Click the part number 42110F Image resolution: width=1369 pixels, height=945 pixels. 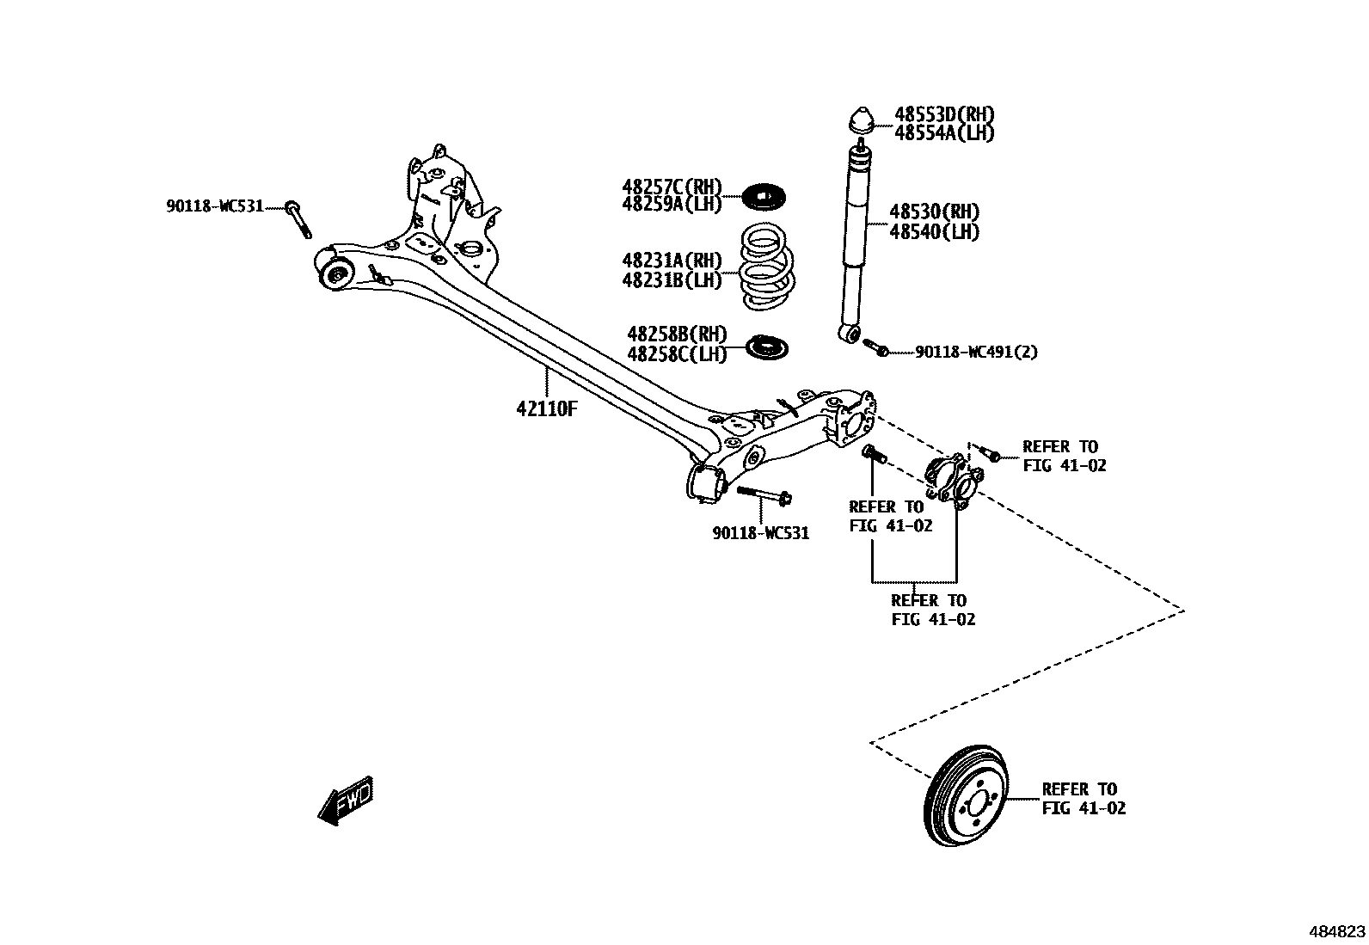pos(546,409)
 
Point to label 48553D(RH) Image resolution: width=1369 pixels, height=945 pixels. pos(945,114)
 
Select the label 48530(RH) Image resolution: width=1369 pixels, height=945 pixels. pos(934,212)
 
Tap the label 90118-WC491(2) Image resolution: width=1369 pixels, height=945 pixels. pos(976,352)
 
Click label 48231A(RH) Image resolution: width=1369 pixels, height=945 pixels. pos(672,260)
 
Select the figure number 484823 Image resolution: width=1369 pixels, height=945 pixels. pos(1336,932)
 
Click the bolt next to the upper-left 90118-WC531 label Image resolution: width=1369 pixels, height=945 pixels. pos(298,219)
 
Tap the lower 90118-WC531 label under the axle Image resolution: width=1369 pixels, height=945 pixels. pos(760,533)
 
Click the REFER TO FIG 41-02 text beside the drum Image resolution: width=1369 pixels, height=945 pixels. pos(1083,798)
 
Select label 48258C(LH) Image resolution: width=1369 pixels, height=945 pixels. pos(677,354)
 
